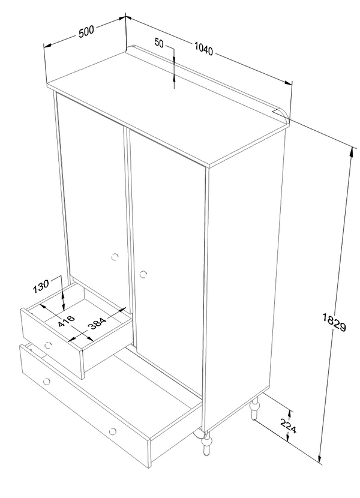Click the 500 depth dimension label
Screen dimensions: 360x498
click(x=86, y=32)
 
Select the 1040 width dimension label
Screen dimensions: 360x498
click(x=203, y=49)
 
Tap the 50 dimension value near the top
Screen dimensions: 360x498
click(x=159, y=43)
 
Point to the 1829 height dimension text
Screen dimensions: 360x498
click(x=334, y=322)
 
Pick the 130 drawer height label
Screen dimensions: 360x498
click(x=41, y=286)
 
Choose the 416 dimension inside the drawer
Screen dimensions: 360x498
click(x=67, y=321)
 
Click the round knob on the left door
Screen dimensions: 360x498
click(x=115, y=257)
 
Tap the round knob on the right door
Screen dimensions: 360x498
click(x=143, y=274)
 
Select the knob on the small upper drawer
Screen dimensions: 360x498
click(x=48, y=344)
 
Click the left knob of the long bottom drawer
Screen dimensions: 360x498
click(x=47, y=381)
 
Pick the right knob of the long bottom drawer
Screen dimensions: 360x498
click(x=112, y=431)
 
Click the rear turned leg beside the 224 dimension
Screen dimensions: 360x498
click(x=254, y=409)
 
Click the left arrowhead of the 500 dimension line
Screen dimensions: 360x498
click(x=47, y=46)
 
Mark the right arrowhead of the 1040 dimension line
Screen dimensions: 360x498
click(x=288, y=83)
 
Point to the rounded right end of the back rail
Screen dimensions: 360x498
click(x=284, y=114)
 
